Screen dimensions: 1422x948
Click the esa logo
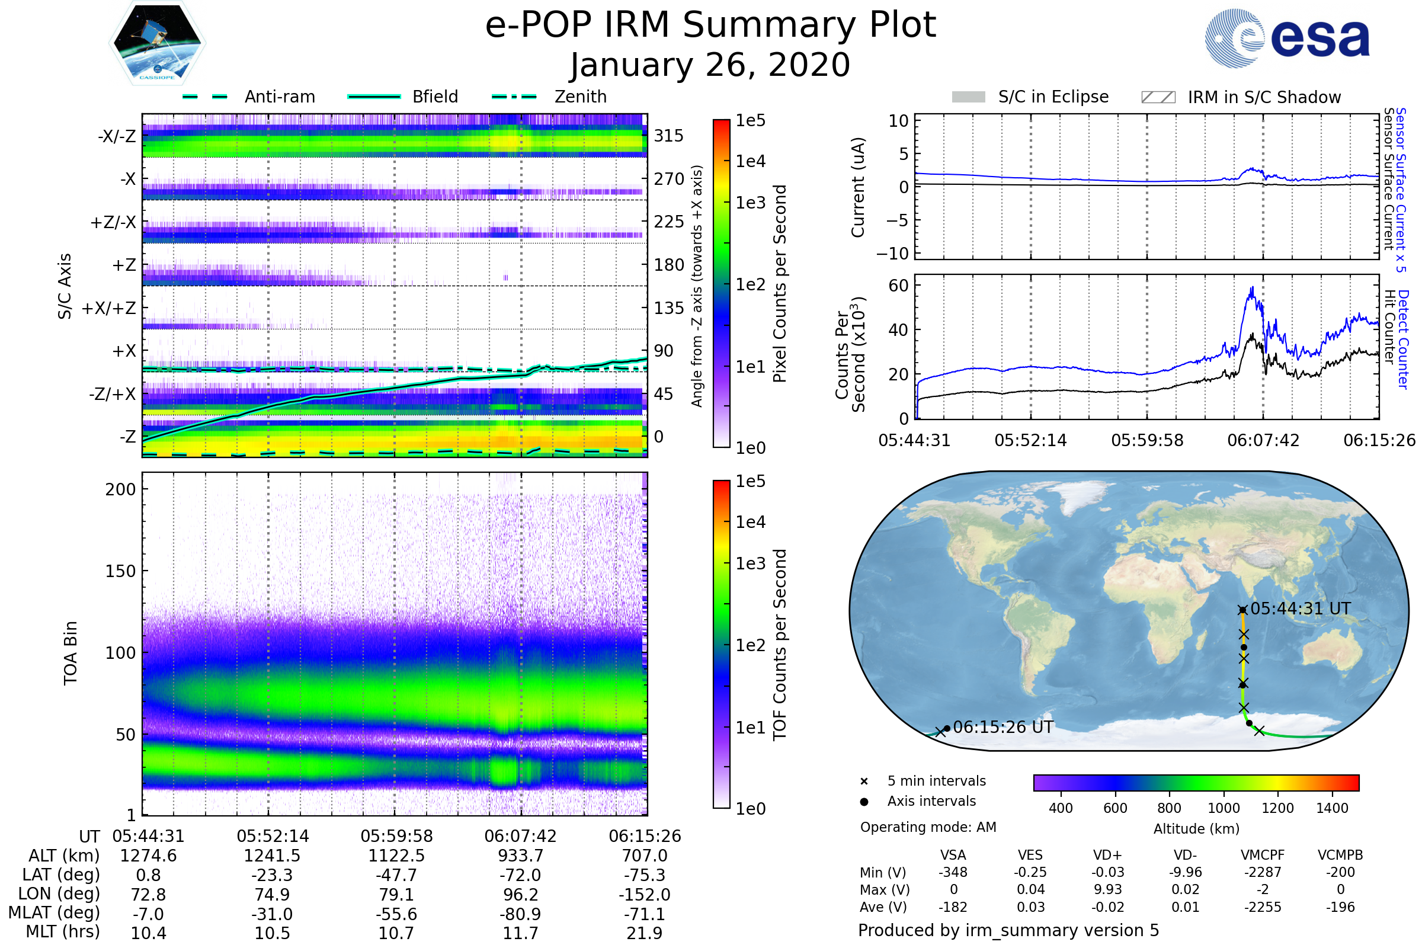click(1287, 37)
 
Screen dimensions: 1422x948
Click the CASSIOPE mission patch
click(157, 42)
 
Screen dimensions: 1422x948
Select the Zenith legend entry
click(550, 97)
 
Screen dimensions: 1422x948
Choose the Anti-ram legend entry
click(248, 97)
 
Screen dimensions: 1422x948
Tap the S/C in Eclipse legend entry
click(1030, 97)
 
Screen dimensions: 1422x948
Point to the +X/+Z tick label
click(109, 308)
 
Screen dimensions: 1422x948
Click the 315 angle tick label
click(669, 136)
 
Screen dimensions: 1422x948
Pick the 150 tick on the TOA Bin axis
click(120, 571)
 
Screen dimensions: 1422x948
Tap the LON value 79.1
click(396, 895)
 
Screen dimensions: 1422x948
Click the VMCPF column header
click(1263, 856)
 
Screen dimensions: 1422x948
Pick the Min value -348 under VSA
click(953, 872)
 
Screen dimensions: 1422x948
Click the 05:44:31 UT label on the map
click(1301, 609)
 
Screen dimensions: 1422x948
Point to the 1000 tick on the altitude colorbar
click(1224, 808)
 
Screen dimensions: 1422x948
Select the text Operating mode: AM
click(928, 827)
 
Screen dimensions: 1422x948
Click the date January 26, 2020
click(710, 65)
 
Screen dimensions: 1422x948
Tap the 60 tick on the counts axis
click(898, 286)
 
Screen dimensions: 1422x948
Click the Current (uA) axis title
click(858, 187)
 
